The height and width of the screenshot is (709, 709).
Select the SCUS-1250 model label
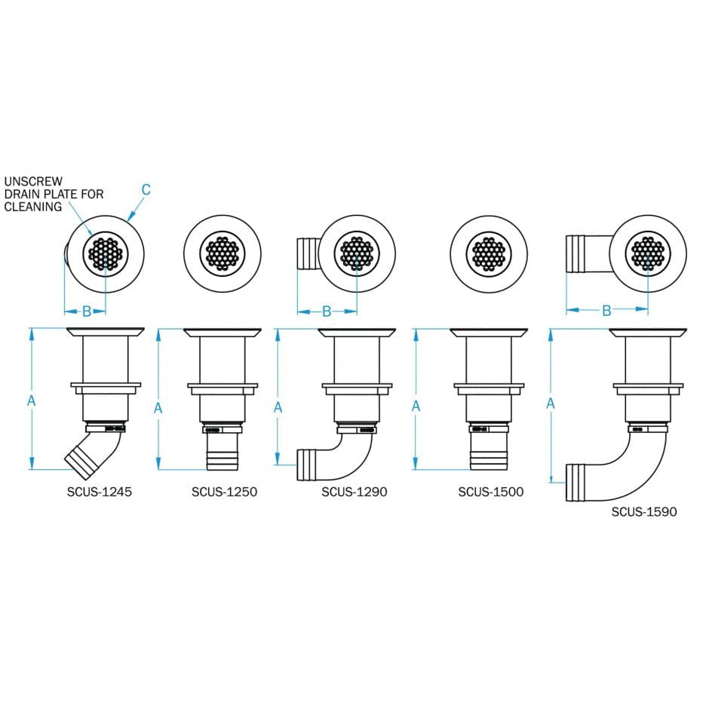(x=224, y=492)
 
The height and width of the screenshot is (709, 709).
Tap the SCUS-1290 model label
(x=354, y=492)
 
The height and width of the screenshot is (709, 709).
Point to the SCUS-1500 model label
(x=490, y=492)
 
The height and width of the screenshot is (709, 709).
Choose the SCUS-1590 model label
(x=643, y=511)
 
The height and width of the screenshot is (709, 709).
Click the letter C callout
(x=146, y=189)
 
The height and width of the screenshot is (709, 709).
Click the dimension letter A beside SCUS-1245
(x=32, y=401)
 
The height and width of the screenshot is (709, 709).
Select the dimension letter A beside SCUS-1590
(x=551, y=404)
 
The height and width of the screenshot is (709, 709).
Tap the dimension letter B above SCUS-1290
(x=327, y=311)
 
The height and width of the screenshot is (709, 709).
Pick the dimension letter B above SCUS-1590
(x=606, y=311)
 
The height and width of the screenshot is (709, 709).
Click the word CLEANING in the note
(x=33, y=207)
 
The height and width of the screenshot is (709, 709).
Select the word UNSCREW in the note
(x=30, y=182)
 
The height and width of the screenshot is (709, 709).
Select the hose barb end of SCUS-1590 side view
(x=577, y=483)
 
